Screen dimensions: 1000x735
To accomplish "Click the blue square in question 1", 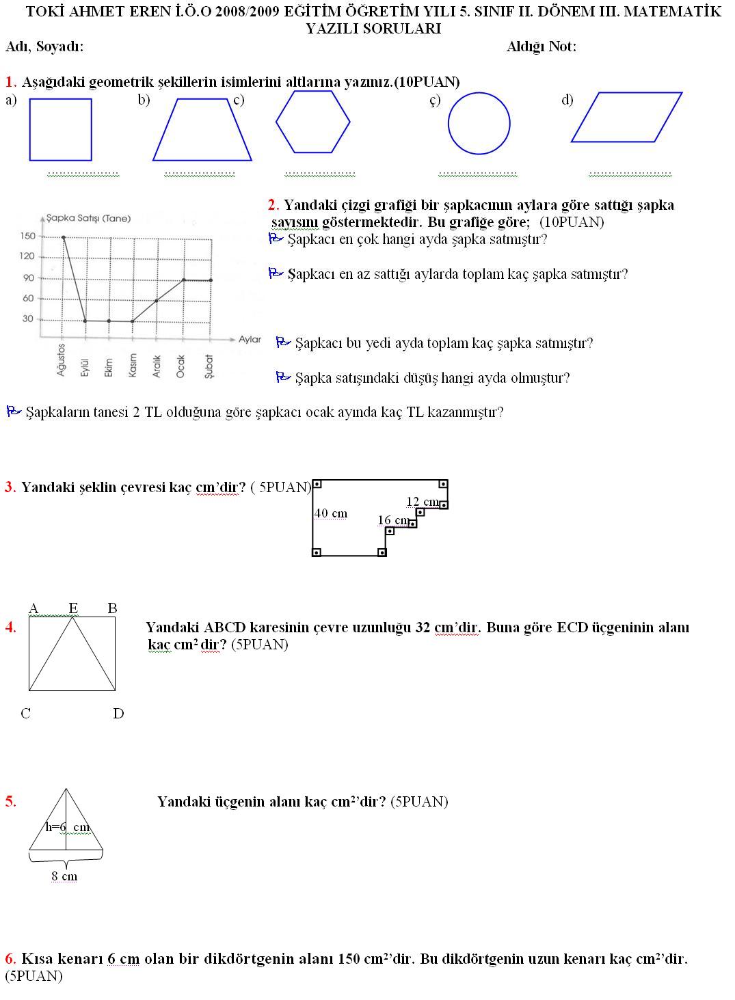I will click(x=60, y=130).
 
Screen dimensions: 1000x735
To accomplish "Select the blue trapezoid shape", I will click(x=202, y=130).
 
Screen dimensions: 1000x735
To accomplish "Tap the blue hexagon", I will click(x=313, y=122).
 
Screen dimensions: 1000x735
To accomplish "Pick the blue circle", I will click(x=479, y=124).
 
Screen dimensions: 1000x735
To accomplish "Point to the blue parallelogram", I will click(x=626, y=117).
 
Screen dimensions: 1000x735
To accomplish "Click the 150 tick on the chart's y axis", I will click(x=27, y=237).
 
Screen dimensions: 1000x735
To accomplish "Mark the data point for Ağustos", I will click(x=64, y=237).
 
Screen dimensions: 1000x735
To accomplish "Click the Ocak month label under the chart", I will click(x=181, y=366).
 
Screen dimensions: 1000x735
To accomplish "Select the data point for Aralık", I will click(x=157, y=301).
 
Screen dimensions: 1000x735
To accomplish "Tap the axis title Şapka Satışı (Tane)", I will click(x=88, y=219).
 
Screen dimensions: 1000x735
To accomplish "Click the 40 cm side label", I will click(x=331, y=513).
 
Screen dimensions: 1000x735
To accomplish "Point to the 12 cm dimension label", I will click(x=422, y=502).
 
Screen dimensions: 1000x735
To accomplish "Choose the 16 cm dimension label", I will click(x=393, y=521).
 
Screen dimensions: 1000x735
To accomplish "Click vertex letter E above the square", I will click(x=73, y=608).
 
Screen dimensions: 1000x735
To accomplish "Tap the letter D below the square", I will click(x=118, y=714).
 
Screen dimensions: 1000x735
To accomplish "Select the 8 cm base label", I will click(x=64, y=876).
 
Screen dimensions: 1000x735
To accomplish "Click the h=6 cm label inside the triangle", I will click(x=68, y=827).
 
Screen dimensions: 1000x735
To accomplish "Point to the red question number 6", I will click(x=10, y=958).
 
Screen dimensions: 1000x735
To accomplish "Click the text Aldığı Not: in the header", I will click(x=542, y=46).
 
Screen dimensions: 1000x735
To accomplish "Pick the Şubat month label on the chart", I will click(x=209, y=366).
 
